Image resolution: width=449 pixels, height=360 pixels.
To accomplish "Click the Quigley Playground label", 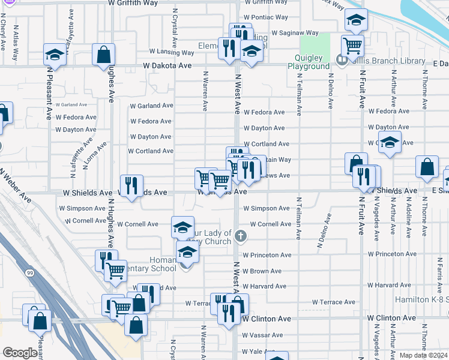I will (x=309, y=62).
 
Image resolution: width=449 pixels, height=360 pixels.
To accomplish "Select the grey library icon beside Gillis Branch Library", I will (x=342, y=59).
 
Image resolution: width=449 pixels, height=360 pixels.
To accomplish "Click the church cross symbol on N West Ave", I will (x=241, y=235).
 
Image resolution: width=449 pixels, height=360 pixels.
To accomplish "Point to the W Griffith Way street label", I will (x=133, y=3).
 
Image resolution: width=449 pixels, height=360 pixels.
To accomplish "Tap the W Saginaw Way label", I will (x=295, y=33).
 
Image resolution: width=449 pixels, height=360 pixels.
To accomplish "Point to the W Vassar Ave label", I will (x=262, y=335).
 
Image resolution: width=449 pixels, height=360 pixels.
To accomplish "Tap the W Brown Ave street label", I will (x=262, y=271).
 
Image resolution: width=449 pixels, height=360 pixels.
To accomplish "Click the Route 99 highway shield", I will (x=29, y=273).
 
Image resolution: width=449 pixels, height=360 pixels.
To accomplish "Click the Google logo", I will (x=19, y=353).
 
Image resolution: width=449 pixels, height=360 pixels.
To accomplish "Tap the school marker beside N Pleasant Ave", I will (x=55, y=56).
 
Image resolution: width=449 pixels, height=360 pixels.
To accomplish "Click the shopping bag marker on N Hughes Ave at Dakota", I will (x=103, y=55).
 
